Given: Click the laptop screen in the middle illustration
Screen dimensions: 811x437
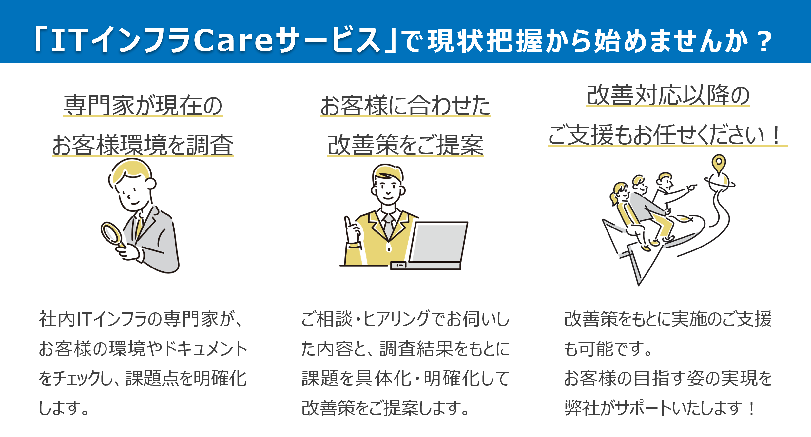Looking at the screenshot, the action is (x=438, y=242).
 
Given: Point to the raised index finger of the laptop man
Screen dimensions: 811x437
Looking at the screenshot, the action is (x=347, y=223).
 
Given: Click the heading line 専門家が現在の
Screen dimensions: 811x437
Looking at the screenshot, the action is (x=143, y=106).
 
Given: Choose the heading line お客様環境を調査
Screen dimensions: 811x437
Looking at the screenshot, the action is (x=143, y=145).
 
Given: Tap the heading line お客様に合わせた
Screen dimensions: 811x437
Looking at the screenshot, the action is (x=405, y=106).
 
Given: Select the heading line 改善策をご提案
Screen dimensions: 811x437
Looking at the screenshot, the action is (x=406, y=145).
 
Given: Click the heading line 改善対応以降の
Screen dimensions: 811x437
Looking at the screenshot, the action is (x=668, y=95).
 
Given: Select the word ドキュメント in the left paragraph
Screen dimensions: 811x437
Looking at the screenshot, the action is (x=205, y=348).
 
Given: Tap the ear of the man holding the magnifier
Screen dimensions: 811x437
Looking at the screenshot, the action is (x=151, y=184).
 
